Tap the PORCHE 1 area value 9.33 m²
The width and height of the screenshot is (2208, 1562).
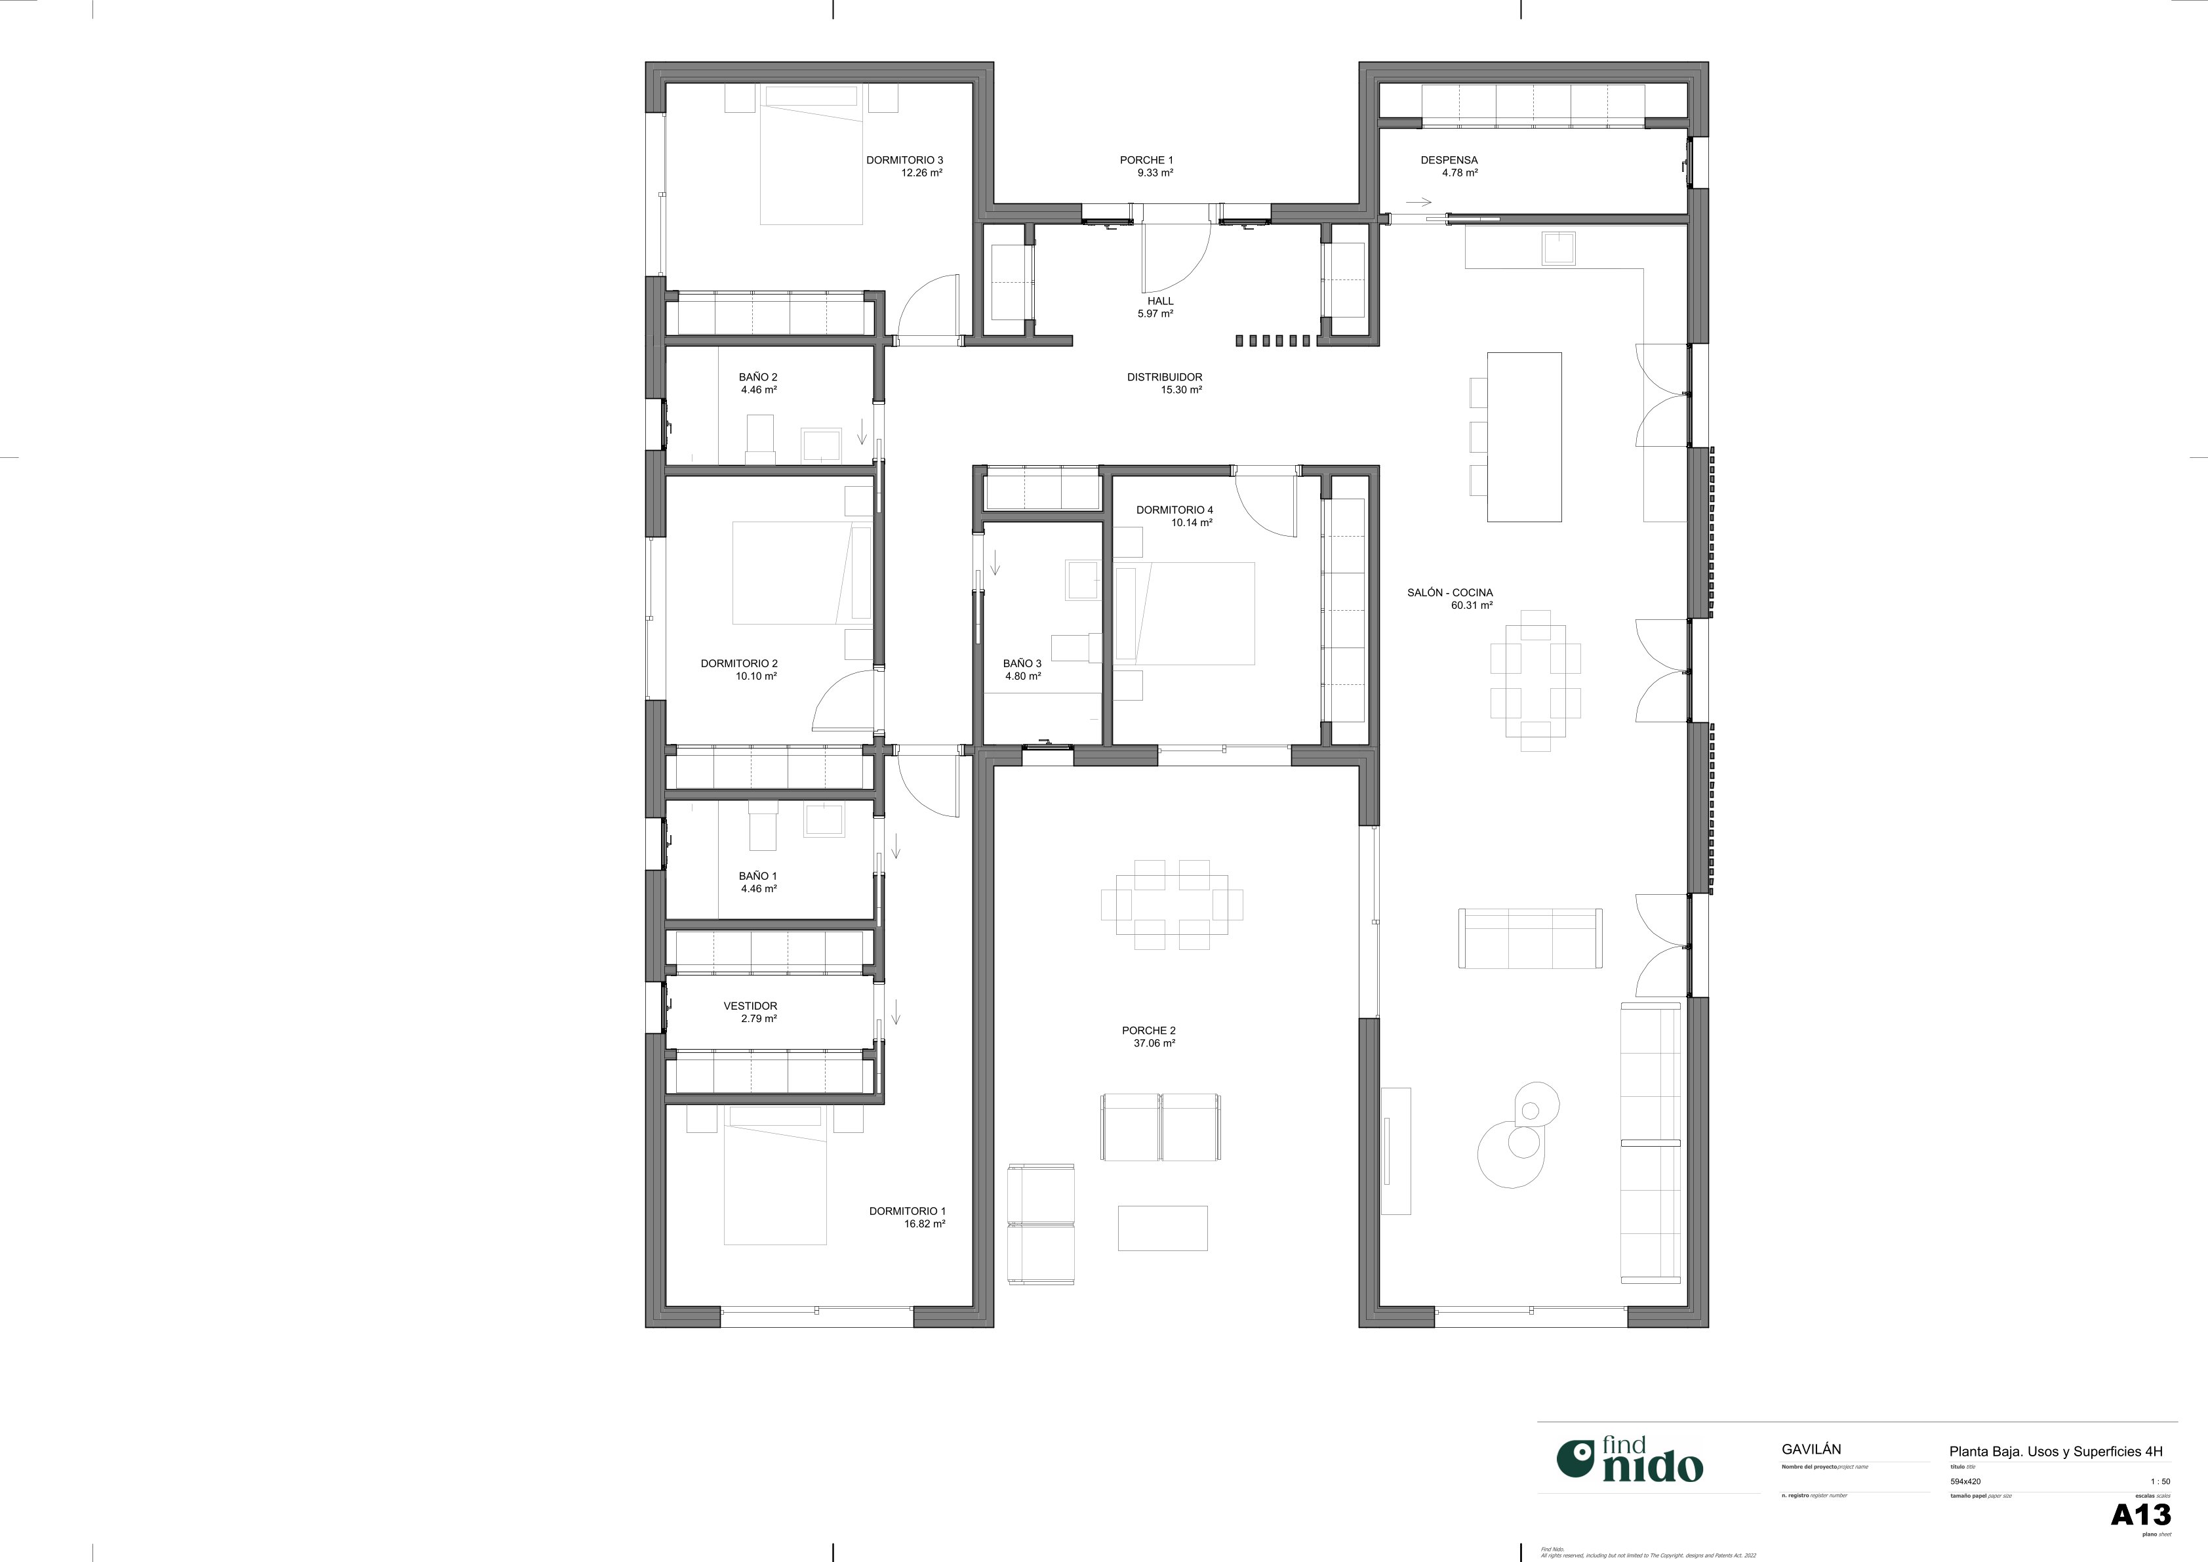(1154, 173)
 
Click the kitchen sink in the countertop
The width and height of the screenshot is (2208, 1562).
(1558, 248)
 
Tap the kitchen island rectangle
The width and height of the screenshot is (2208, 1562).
(1523, 437)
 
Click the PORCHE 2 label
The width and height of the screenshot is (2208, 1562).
(1148, 1030)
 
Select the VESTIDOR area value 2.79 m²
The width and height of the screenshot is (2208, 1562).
(758, 1019)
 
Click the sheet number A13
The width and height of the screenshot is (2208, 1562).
(2140, 1515)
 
